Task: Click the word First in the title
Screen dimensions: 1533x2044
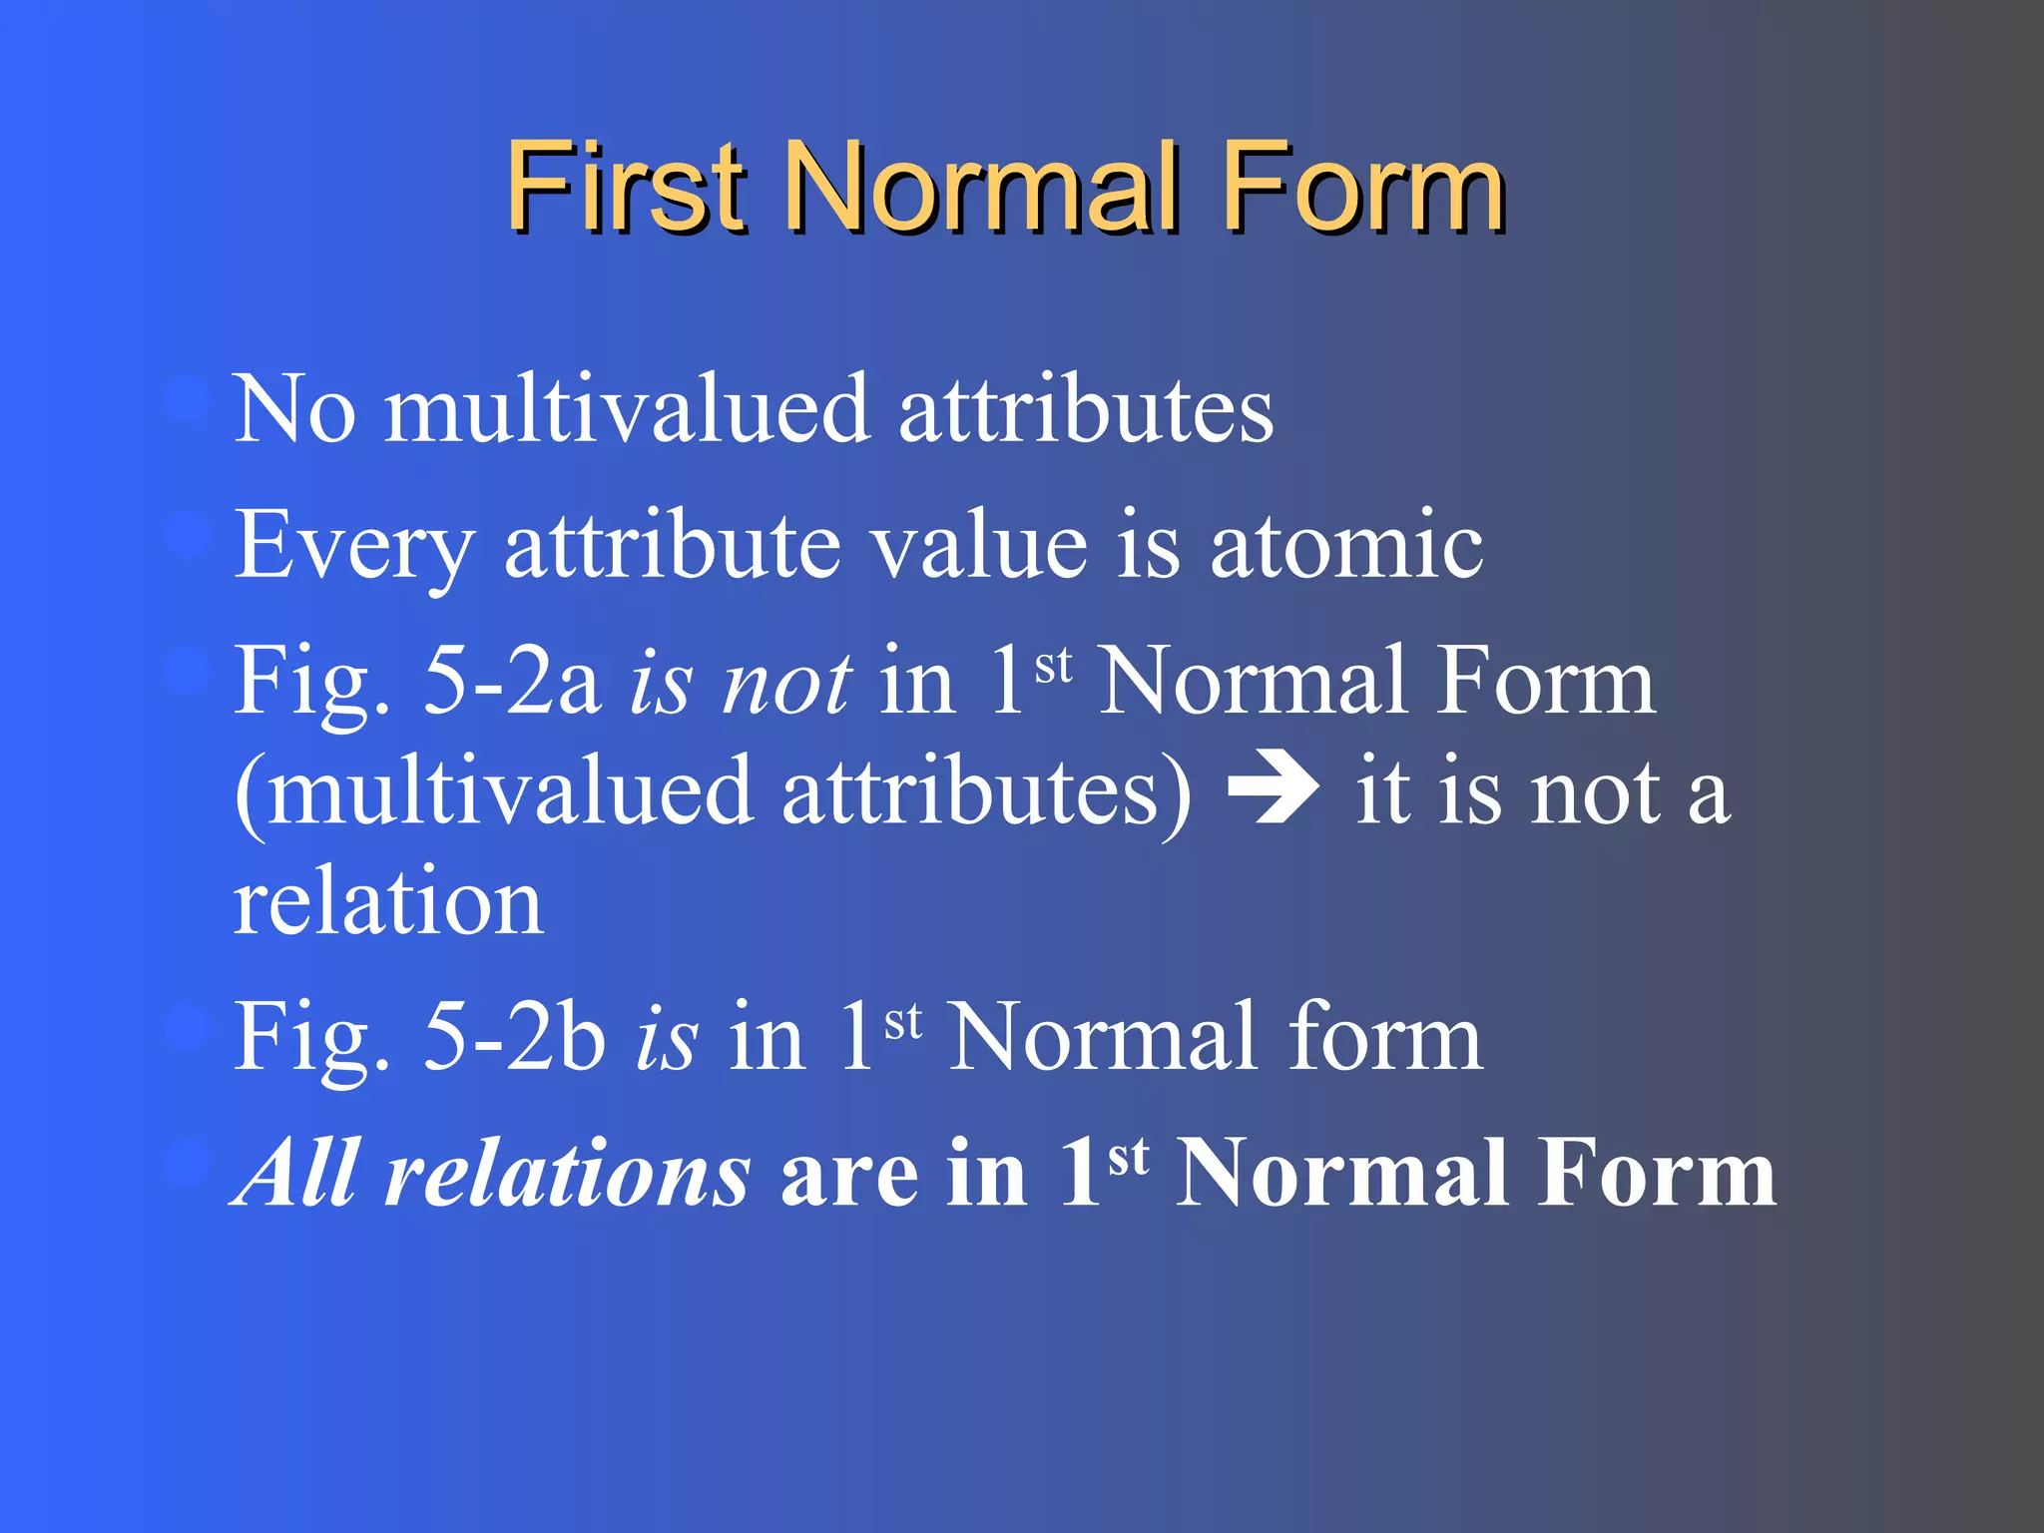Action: pyautogui.click(x=625, y=186)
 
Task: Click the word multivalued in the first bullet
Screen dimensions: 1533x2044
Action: pyautogui.click(x=627, y=408)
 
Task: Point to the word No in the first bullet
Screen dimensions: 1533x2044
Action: pyautogui.click(x=293, y=408)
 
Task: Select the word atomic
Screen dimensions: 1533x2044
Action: pyautogui.click(x=1346, y=546)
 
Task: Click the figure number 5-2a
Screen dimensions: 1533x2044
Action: pyautogui.click(x=512, y=681)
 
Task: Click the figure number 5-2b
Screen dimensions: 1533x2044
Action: pyautogui.click(x=514, y=1038)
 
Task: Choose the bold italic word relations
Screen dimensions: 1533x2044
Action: pyautogui.click(x=567, y=1173)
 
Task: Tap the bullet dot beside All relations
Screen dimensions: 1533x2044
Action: pyautogui.click(x=187, y=1164)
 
